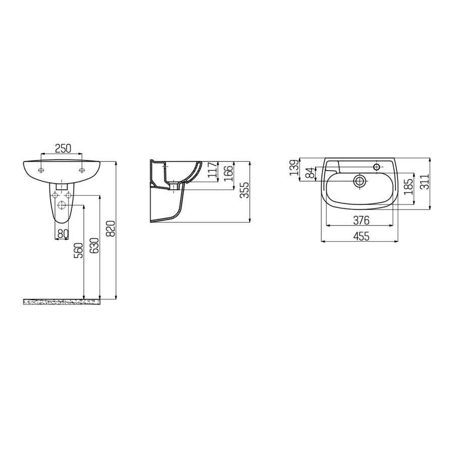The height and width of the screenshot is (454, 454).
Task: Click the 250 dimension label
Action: click(x=63, y=148)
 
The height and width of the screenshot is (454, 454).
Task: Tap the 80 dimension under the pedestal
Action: click(x=63, y=234)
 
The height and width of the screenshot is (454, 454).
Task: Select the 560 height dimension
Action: click(x=79, y=250)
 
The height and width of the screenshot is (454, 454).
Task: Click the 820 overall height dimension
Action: click(x=111, y=229)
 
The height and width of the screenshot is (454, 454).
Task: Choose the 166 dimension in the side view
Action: click(x=229, y=173)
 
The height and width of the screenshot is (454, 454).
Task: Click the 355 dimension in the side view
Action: click(x=245, y=190)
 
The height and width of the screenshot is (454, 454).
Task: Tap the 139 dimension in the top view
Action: click(x=294, y=167)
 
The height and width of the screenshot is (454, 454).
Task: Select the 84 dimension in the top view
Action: click(x=310, y=173)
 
